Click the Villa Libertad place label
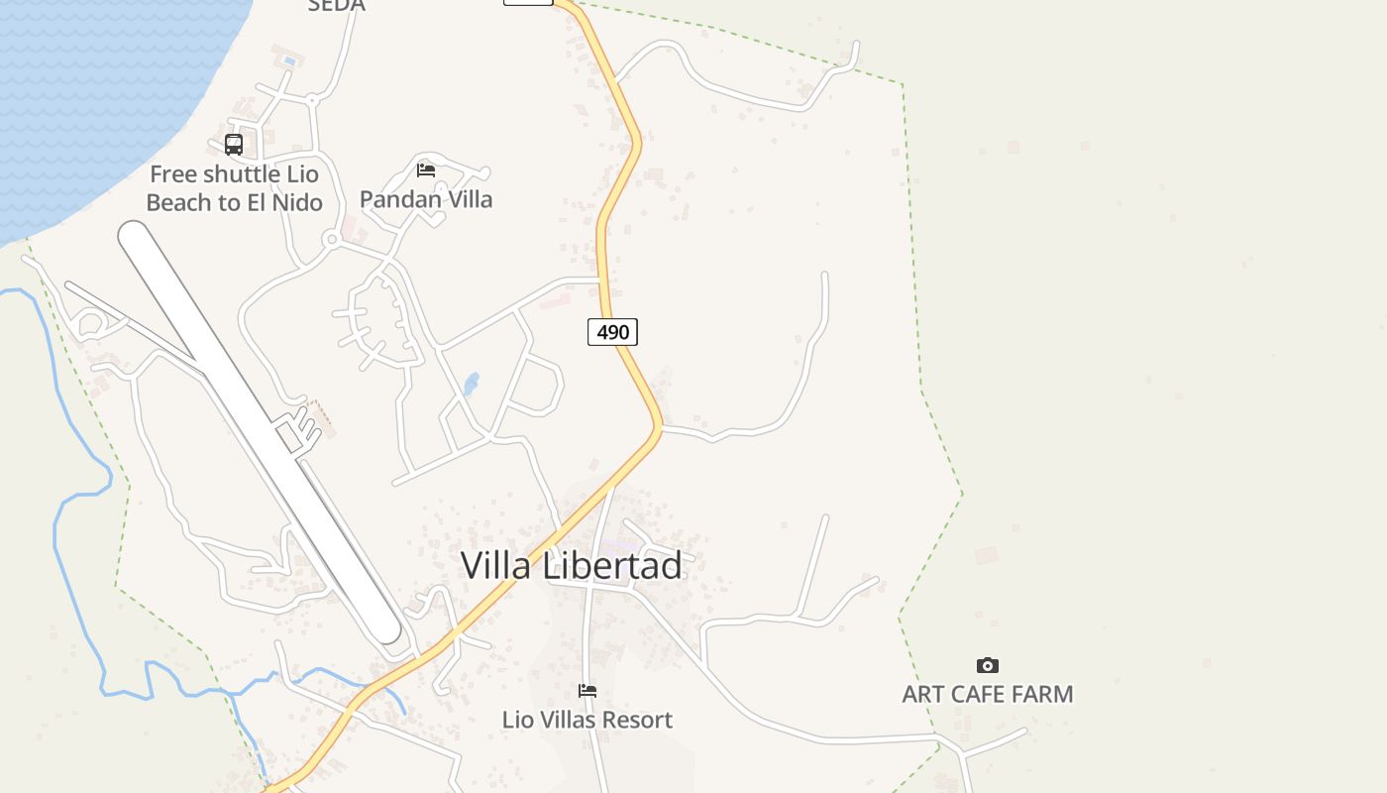tap(572, 565)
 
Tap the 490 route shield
tap(612, 332)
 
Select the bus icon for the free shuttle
tap(234, 145)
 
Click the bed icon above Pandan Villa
tap(426, 170)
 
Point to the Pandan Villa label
tap(426, 199)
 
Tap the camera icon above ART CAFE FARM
tap(988, 665)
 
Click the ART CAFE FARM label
tap(988, 694)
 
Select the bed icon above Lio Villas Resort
tap(587, 691)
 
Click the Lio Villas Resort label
tap(587, 720)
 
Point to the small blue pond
tap(471, 384)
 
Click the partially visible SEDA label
tap(337, 6)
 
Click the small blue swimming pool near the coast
tap(289, 60)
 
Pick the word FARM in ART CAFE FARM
tap(1042, 694)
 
